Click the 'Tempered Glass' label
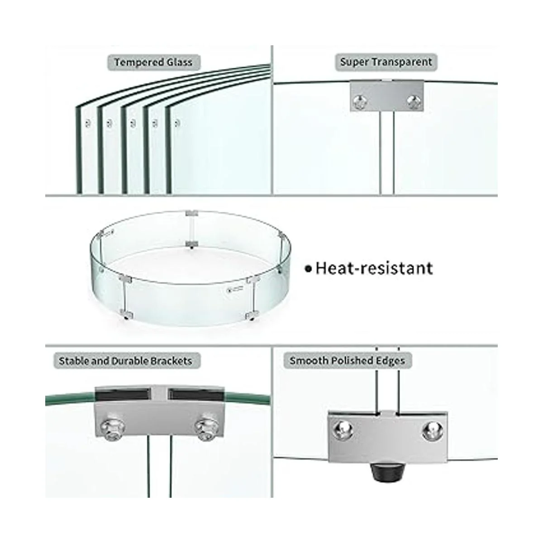[153, 62]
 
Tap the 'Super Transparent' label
[386, 62]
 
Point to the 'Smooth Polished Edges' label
[347, 361]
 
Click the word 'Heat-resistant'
[374, 268]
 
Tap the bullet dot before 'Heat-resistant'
[309, 269]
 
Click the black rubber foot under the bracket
[388, 471]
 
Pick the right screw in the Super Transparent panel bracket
[414, 102]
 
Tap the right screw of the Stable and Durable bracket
[206, 429]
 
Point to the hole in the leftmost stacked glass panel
[88, 123]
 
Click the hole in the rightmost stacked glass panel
[177, 123]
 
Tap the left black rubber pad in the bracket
[121, 395]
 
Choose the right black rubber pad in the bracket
[196, 395]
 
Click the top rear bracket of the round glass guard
[191, 213]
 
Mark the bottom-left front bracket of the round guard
[126, 313]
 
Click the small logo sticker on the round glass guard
[235, 289]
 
